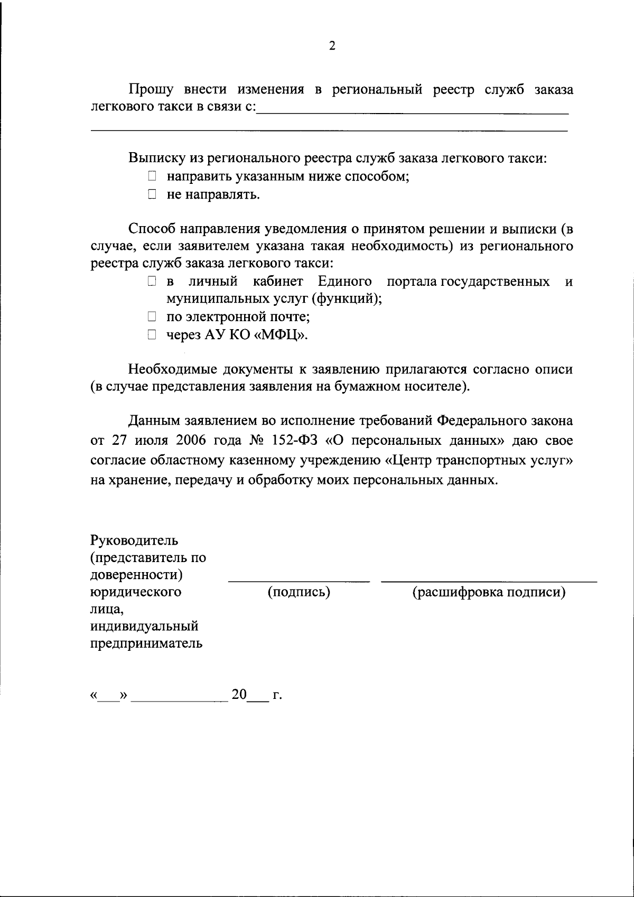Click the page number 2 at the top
pos(332,46)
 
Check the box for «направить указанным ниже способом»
pos(152,176)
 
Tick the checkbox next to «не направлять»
pos(152,194)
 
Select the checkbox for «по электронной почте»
pos(152,317)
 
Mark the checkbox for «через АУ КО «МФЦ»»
pos(152,335)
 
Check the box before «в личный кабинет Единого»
pos(152,282)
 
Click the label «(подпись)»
pos(299,592)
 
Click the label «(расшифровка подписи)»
pos(489,592)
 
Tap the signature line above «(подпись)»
pos(299,581)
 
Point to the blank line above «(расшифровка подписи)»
pos(489,581)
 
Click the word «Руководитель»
pos(134,540)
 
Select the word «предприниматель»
pos(146,643)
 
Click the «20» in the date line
pos(239,694)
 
